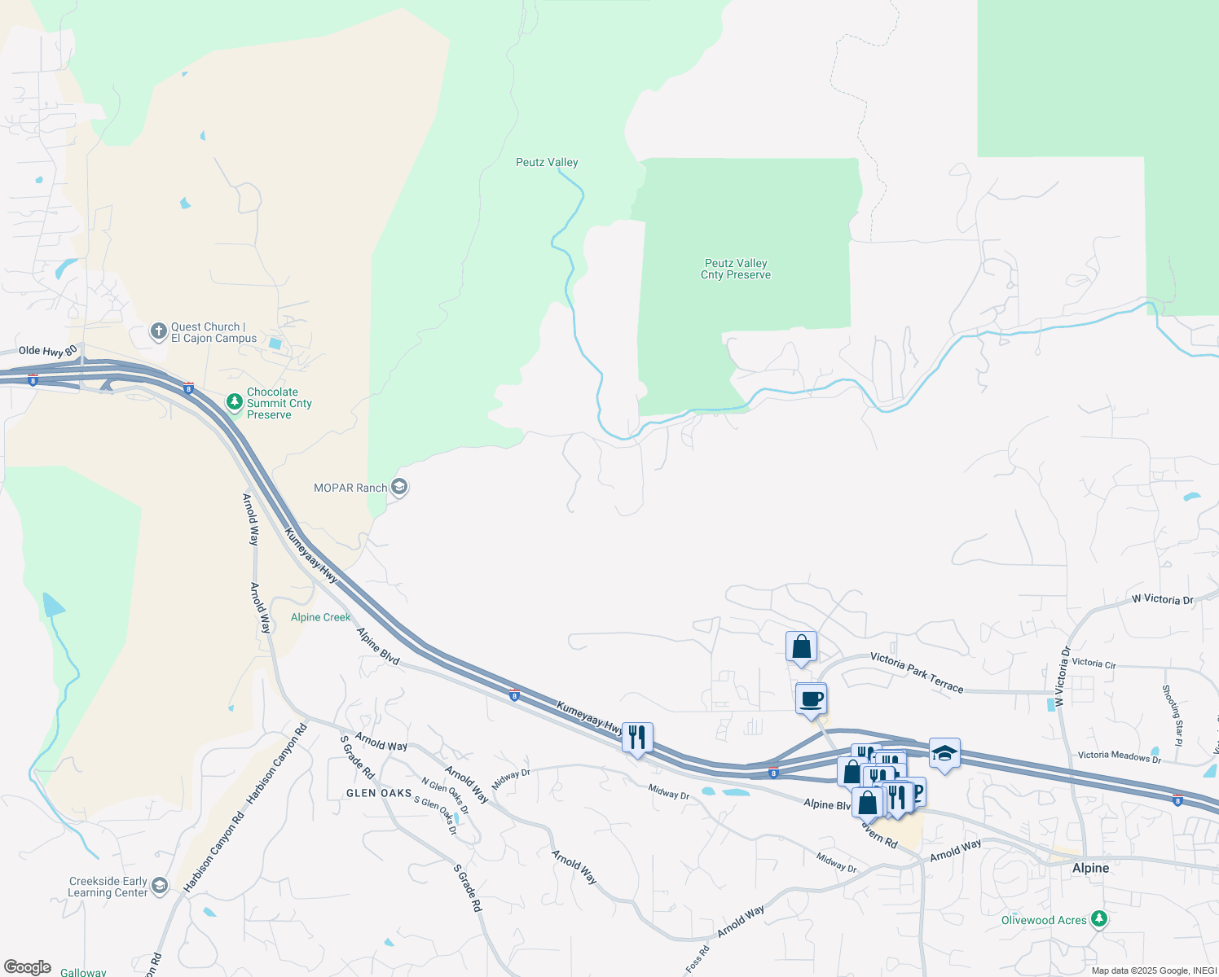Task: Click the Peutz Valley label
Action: pos(547,162)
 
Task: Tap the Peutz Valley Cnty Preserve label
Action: pos(736,269)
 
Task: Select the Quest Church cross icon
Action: pos(159,331)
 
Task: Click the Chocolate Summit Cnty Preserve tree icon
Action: pos(235,402)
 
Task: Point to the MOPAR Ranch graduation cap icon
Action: pos(398,487)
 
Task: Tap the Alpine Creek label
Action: pos(320,617)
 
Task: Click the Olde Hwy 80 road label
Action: pos(48,351)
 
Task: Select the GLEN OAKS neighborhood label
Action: pos(379,793)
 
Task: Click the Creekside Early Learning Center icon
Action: pos(160,886)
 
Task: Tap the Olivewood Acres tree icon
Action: pos(1099,919)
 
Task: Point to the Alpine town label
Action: pos(1090,868)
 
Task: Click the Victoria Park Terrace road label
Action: pos(917,672)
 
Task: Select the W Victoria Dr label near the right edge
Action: pos(1162,599)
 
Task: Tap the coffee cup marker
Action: pos(811,699)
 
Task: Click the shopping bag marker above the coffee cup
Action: pos(802,647)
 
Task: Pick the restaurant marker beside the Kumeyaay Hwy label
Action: pos(637,738)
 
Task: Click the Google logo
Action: pos(28,967)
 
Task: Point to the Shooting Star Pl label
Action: pos(1173,716)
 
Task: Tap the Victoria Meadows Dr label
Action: pos(1120,756)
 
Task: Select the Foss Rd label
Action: pos(697,959)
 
